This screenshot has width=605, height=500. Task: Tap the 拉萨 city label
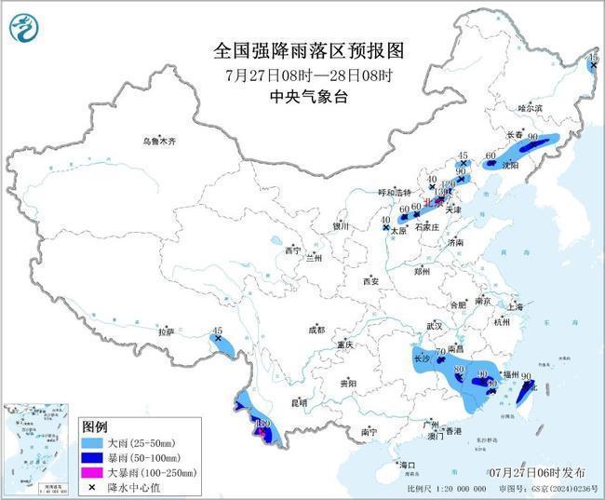(x=166, y=331)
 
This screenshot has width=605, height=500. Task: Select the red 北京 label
(x=430, y=199)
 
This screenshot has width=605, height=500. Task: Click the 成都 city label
(x=317, y=330)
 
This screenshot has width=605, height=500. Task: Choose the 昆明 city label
(x=299, y=402)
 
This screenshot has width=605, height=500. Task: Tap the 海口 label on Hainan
(x=406, y=464)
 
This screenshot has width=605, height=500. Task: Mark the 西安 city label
(x=371, y=280)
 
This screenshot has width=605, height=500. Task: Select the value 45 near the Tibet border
(x=217, y=331)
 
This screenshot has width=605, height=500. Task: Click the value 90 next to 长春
(x=533, y=138)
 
